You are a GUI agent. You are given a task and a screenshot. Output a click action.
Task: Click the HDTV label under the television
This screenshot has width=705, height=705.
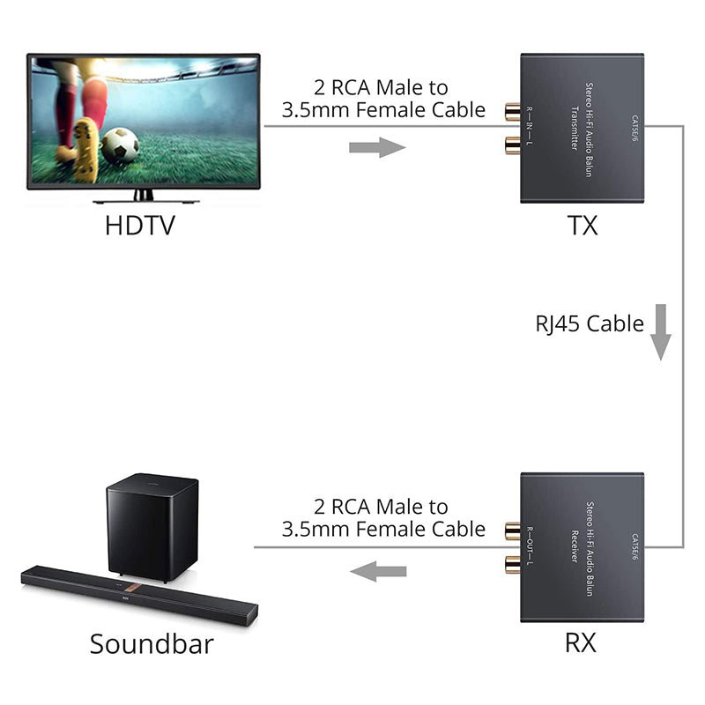coord(140,225)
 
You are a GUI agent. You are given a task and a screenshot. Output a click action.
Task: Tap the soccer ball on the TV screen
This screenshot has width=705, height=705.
coord(120,145)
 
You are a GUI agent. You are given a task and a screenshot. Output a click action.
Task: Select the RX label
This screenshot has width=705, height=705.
coord(580,642)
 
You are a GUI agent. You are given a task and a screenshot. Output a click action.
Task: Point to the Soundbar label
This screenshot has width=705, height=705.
coord(152,643)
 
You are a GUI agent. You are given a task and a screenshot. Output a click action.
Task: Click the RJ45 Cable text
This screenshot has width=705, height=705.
coord(590,323)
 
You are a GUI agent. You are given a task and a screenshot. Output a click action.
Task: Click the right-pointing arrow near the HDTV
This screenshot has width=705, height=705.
coord(377,147)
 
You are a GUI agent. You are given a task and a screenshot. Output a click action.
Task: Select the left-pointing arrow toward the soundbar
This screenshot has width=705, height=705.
coord(378,572)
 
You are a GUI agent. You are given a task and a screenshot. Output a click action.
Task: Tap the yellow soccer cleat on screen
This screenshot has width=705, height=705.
coord(85,150)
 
